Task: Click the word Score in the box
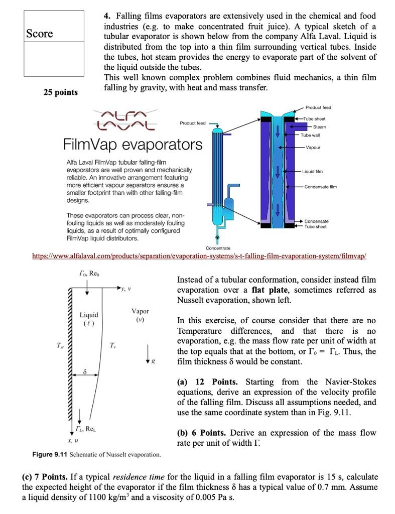(40, 34)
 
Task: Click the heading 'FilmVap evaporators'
(133, 145)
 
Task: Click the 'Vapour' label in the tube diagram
(313, 148)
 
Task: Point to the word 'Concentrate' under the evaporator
(218, 248)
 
